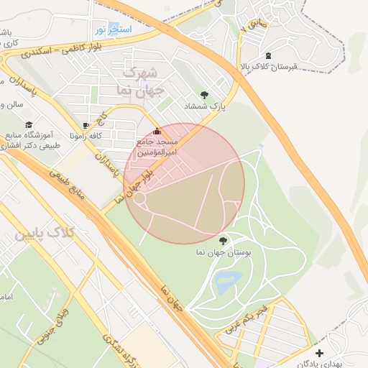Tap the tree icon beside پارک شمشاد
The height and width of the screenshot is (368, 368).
click(x=205, y=94)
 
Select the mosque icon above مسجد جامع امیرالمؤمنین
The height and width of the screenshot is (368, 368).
click(x=157, y=132)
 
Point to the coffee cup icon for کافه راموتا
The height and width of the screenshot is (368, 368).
click(x=86, y=125)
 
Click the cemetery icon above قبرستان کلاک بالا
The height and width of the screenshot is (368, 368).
click(x=268, y=55)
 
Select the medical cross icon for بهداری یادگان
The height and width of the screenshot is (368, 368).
click(x=319, y=353)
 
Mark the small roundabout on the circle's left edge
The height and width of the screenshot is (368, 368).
click(x=139, y=197)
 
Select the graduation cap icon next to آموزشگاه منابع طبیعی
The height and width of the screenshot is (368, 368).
click(x=29, y=124)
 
